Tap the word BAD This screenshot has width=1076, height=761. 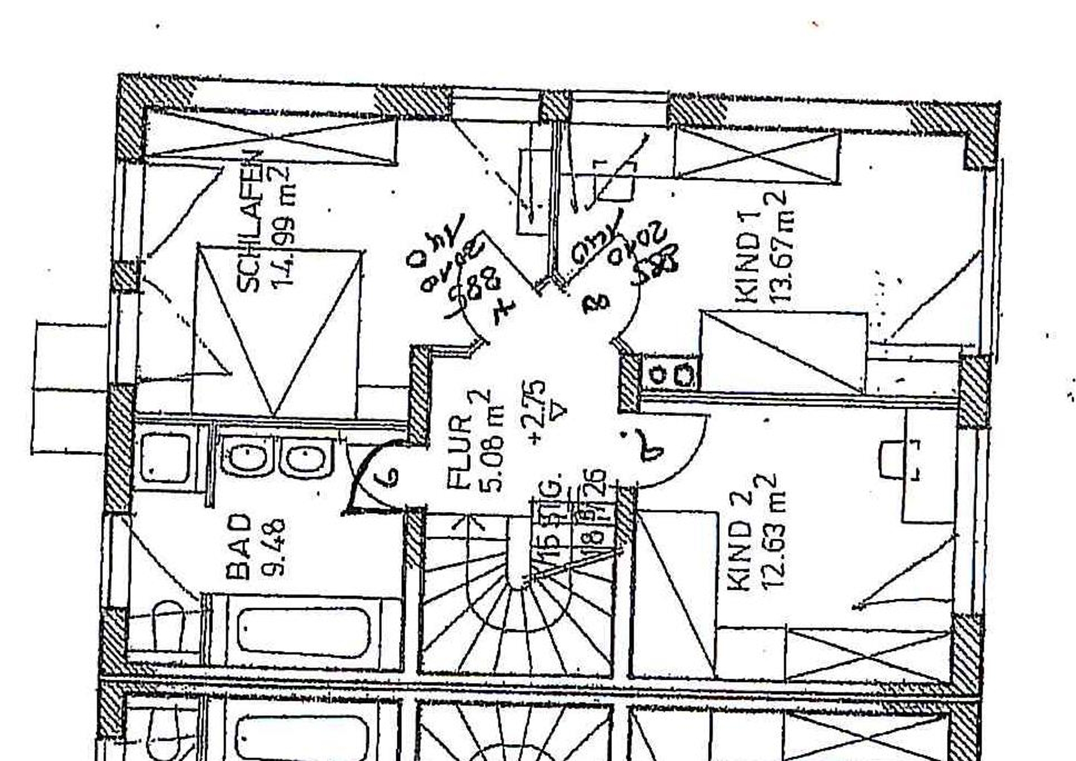click(238, 546)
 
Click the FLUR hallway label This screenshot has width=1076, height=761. click(460, 451)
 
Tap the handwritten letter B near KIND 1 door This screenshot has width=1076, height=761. click(595, 302)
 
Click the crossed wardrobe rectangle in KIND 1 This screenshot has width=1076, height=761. click(757, 154)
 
